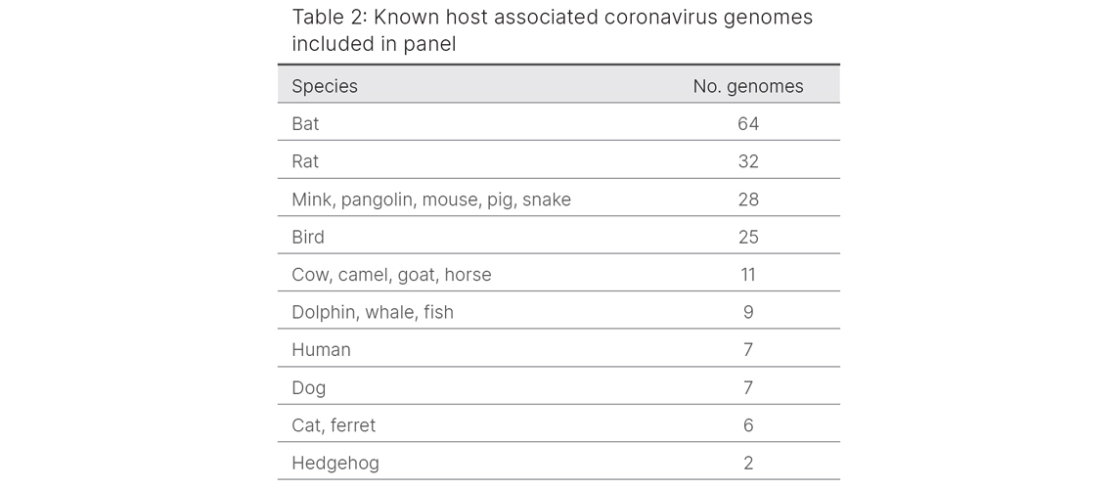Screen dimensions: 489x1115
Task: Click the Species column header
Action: pos(325,86)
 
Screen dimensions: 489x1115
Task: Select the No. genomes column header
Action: pos(748,86)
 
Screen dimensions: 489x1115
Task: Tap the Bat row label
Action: pos(305,124)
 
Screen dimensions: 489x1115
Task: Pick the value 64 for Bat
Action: pos(748,124)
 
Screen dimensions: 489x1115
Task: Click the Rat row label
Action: pos(305,161)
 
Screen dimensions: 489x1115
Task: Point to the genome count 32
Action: pos(748,161)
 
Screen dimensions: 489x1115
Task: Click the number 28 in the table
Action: pos(748,200)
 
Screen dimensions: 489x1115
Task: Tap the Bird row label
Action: pos(308,237)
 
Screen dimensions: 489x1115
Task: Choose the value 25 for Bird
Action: pos(748,237)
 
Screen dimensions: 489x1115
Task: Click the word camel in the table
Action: pos(364,275)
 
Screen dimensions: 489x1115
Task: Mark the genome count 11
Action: pos(748,275)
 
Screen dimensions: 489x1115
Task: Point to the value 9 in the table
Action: pos(748,312)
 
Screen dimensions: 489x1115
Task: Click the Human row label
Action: pos(321,350)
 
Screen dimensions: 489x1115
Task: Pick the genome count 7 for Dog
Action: pos(748,387)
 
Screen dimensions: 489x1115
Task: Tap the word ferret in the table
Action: pos(352,425)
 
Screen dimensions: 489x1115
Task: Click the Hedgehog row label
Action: pos(335,463)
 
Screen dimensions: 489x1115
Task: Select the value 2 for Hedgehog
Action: pos(748,463)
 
